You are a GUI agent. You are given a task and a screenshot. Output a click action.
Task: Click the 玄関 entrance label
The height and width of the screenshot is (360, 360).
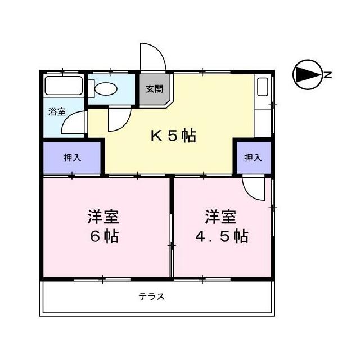pyautogui.click(x=155, y=89)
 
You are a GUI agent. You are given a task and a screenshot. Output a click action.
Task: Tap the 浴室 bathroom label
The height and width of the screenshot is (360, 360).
pyautogui.click(x=57, y=111)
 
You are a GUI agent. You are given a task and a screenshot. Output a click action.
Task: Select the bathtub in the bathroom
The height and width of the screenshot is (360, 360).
pyautogui.click(x=64, y=85)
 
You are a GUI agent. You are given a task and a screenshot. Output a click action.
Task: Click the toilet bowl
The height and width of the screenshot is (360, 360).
pyautogui.click(x=106, y=88)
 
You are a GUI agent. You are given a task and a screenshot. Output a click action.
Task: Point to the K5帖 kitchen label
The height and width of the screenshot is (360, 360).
pyautogui.click(x=173, y=136)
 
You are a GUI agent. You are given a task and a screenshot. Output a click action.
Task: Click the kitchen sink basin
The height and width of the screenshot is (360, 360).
pyautogui.click(x=263, y=87)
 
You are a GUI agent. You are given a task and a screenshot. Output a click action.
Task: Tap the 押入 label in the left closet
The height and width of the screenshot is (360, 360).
pyautogui.click(x=73, y=157)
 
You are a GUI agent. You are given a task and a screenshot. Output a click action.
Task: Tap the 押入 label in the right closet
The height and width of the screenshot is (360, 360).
pyautogui.click(x=253, y=157)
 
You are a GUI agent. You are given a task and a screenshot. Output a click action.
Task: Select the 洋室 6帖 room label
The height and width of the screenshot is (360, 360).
pyautogui.click(x=103, y=226)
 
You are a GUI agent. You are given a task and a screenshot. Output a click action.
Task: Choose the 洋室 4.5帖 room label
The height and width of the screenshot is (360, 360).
pyautogui.click(x=222, y=226)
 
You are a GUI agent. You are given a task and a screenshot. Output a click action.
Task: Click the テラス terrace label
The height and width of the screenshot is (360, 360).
pyautogui.click(x=151, y=296)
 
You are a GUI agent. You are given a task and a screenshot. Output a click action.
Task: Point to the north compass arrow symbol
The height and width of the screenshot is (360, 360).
pyautogui.click(x=308, y=75)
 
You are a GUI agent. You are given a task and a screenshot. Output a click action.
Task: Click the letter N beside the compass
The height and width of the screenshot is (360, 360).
pyautogui.click(x=328, y=75)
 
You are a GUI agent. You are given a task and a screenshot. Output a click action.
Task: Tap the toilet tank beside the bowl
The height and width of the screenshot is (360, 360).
pyautogui.click(x=91, y=89)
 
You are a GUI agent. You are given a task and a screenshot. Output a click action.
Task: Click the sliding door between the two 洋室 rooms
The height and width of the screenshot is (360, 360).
pyautogui.click(x=171, y=245)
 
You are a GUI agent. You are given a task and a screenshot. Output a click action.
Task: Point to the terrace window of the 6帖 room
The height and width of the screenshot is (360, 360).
pyautogui.click(x=102, y=279)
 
